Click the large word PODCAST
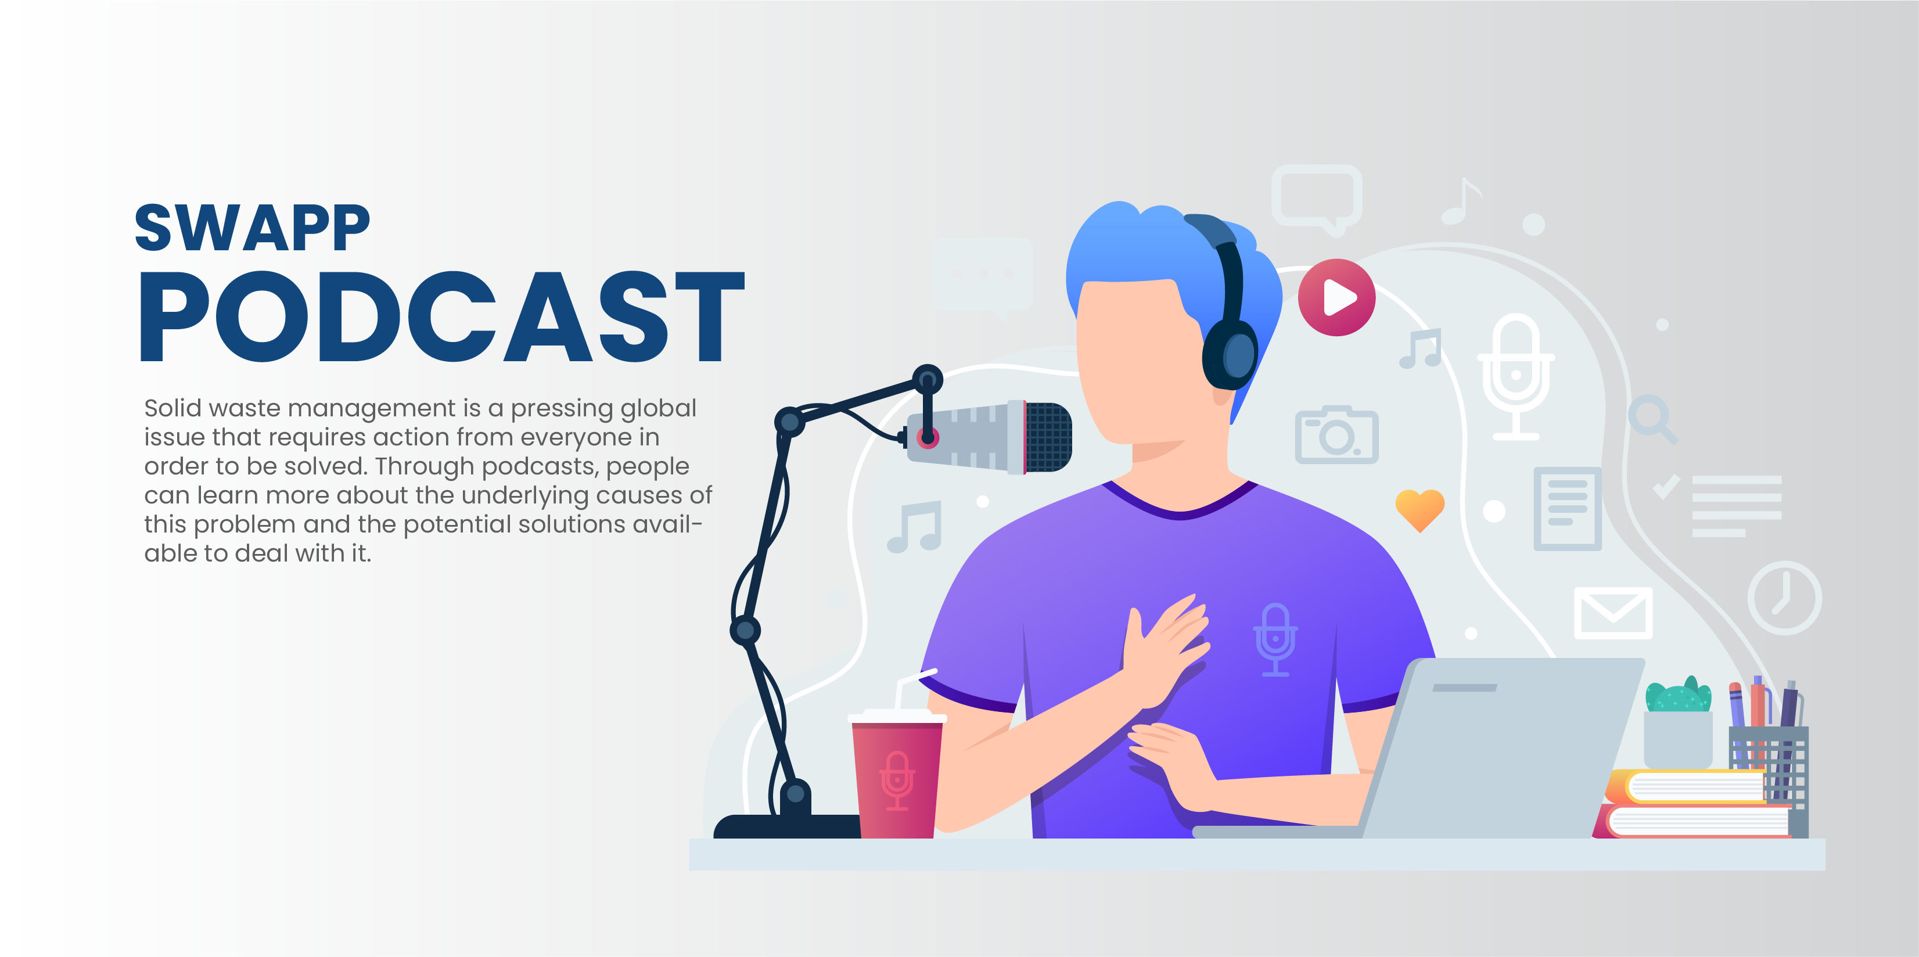(x=442, y=316)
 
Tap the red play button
(x=1336, y=297)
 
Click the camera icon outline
(x=1336, y=435)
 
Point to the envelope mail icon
(x=1613, y=612)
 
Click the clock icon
(x=1785, y=598)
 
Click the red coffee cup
(x=897, y=775)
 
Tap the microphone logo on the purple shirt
(x=1275, y=639)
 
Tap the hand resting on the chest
(x=1166, y=648)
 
